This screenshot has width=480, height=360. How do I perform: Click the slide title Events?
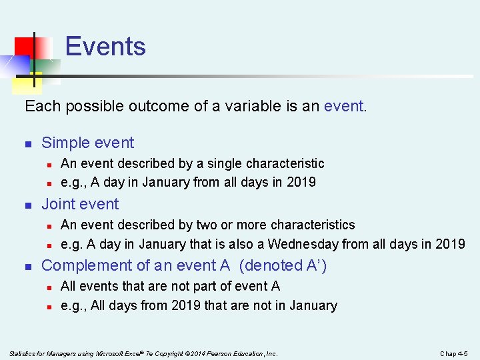tap(105, 47)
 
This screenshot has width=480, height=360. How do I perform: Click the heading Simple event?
tap(87, 143)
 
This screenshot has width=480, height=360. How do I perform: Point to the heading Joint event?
tap(80, 204)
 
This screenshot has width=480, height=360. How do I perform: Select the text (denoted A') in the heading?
tap(283, 265)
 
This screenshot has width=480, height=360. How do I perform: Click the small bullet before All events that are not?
tap(49, 287)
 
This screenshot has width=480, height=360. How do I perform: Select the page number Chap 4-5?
tap(454, 353)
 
